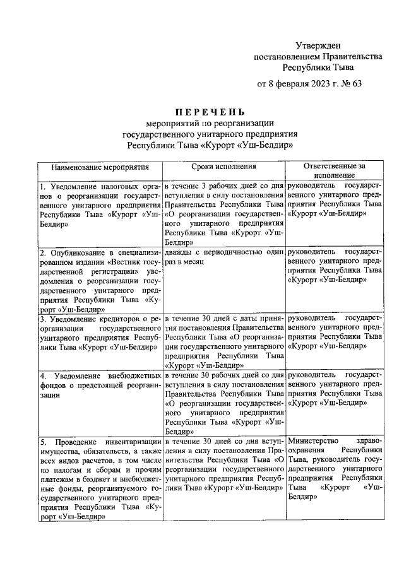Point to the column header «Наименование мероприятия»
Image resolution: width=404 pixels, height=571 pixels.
coord(100,167)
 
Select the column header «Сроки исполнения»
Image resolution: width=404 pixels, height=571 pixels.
coord(223,167)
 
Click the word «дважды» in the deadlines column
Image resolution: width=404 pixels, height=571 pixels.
coord(179,252)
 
